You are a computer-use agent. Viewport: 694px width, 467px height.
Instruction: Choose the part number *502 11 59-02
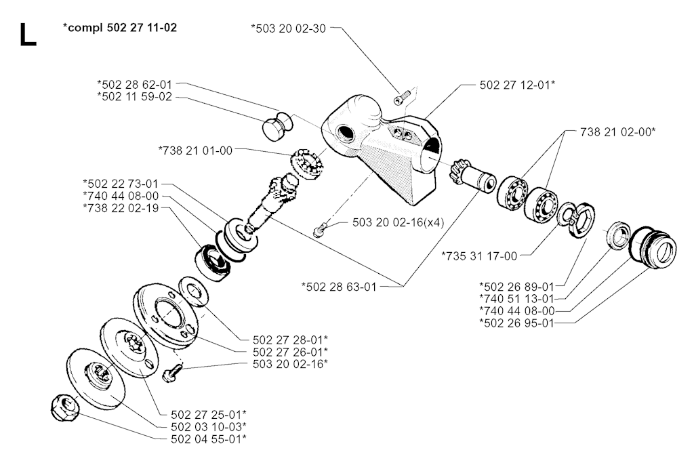pyautogui.click(x=134, y=97)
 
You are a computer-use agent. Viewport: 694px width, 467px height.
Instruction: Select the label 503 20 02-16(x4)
pyautogui.click(x=398, y=222)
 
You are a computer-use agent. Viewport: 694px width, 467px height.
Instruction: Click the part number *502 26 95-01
pyautogui.click(x=516, y=323)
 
